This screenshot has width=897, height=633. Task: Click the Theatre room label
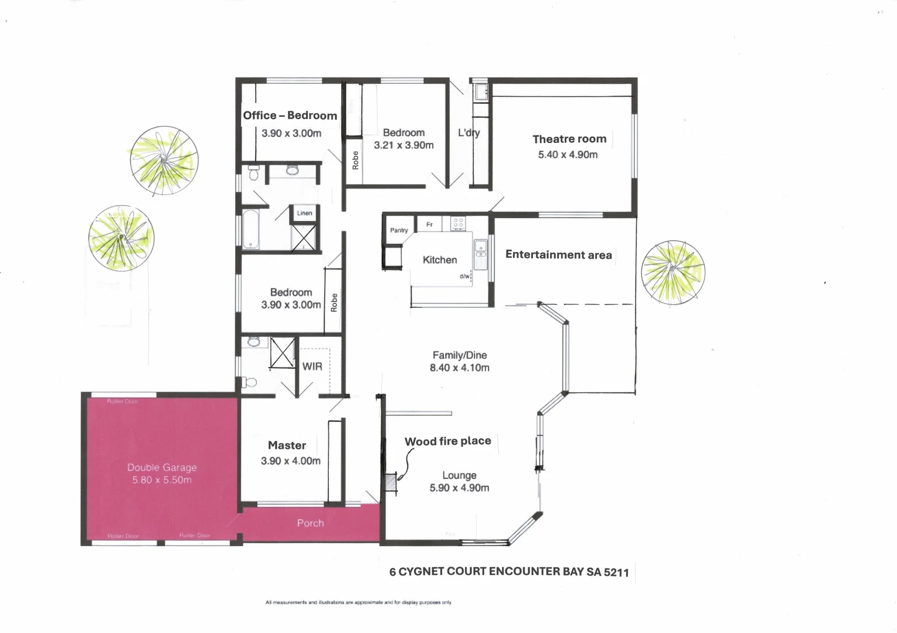pyautogui.click(x=569, y=139)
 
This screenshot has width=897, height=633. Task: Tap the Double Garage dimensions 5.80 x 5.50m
pyautogui.click(x=162, y=480)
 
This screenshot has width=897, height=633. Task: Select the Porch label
pyautogui.click(x=310, y=523)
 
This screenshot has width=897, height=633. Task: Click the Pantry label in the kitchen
pyautogui.click(x=399, y=230)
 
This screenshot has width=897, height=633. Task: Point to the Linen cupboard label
pyautogui.click(x=304, y=213)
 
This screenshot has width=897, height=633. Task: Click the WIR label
pyautogui.click(x=312, y=366)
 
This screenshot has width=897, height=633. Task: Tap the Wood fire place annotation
pyautogui.click(x=447, y=441)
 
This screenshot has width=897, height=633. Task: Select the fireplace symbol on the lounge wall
pyautogui.click(x=389, y=482)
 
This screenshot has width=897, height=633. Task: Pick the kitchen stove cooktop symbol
pyautogui.click(x=457, y=223)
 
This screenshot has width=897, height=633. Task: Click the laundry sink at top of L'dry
pyautogui.click(x=481, y=93)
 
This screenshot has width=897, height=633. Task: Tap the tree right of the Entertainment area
pyautogui.click(x=672, y=273)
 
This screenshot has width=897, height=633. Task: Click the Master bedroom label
pyautogui.click(x=287, y=445)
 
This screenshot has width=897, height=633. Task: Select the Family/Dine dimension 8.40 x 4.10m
pyautogui.click(x=459, y=368)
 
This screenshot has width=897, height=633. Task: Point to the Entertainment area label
pyautogui.click(x=558, y=254)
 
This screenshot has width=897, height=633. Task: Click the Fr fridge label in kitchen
pyautogui.click(x=429, y=224)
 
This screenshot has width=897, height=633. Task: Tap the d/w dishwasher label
pyautogui.click(x=464, y=276)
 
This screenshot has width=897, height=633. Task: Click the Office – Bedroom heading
pyautogui.click(x=290, y=115)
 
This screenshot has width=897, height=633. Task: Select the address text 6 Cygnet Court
pyautogui.click(x=509, y=572)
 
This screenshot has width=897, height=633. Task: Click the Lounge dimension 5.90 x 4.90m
pyautogui.click(x=459, y=488)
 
